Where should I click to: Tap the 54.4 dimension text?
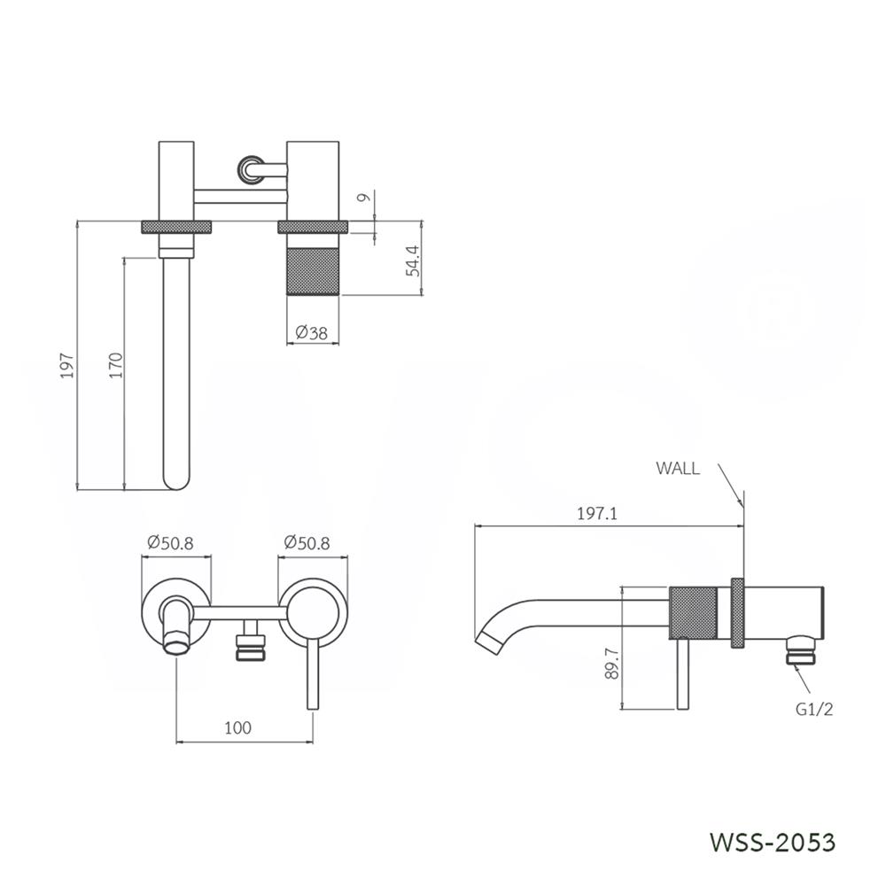412,260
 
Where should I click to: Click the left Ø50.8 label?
170,543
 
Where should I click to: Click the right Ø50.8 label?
307,543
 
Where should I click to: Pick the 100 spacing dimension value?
237,728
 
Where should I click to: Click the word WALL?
678,469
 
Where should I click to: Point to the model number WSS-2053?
773,841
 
